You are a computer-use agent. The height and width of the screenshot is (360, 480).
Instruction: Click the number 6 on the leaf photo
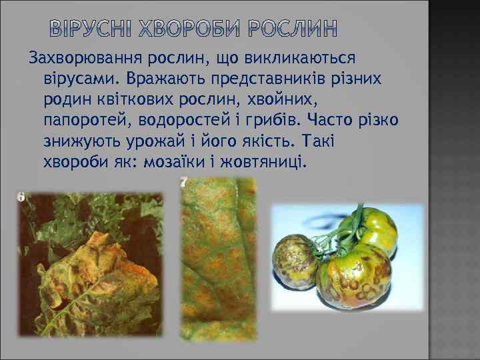pyautogui.click(x=21, y=197)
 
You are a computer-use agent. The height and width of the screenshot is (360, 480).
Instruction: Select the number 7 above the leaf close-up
pyautogui.click(x=184, y=181)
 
